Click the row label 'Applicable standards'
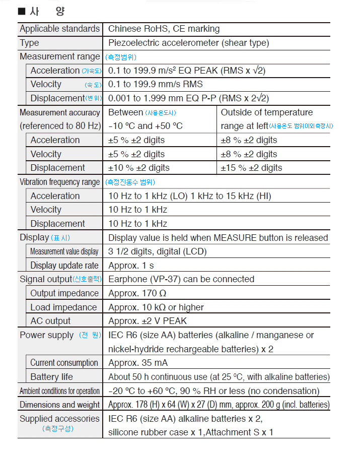point(59,29)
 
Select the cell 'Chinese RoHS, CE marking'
point(164,29)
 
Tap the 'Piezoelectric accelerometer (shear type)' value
point(188,43)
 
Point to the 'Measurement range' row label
point(59,56)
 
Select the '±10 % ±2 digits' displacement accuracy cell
point(139,168)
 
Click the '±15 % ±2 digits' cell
point(251,168)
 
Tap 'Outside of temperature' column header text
point(266,112)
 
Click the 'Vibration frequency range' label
point(59,182)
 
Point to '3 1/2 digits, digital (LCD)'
point(158,251)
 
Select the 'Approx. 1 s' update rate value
point(131,265)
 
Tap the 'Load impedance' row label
point(63,307)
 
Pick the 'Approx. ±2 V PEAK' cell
point(148,321)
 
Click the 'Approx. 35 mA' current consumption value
point(138,363)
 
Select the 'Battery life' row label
point(51,377)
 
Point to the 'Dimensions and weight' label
point(59,405)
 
